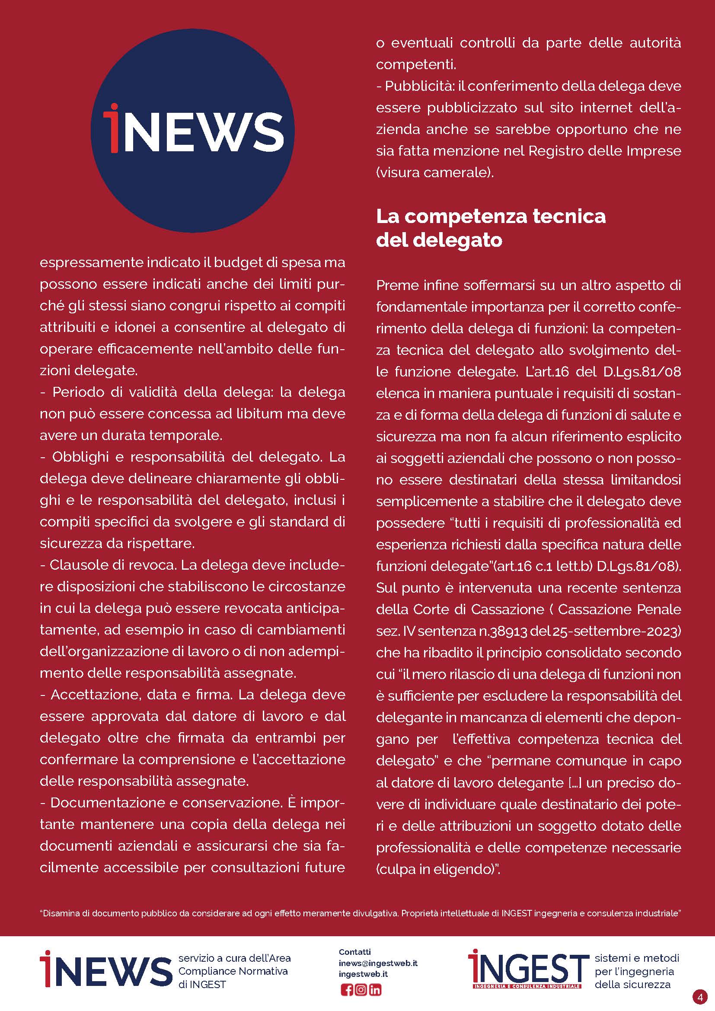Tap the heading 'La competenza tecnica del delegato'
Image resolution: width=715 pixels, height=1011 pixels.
point(491,228)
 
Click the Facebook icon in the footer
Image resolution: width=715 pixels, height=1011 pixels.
point(347,990)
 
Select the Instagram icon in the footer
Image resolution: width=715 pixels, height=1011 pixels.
point(361,990)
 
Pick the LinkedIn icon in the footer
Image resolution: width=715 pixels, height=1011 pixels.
point(375,990)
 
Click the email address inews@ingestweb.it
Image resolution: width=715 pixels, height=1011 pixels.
point(378,963)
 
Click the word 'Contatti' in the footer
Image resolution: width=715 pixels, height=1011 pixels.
point(355,952)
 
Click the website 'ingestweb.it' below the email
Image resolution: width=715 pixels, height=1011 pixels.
point(363,974)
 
